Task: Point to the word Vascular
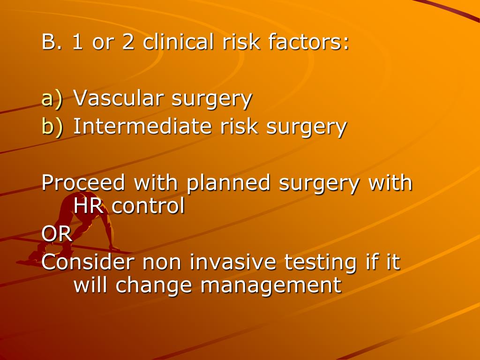point(119,99)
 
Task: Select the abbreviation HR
point(88,206)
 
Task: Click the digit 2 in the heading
point(128,43)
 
